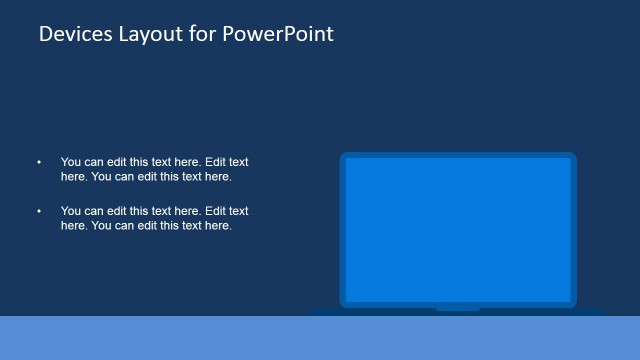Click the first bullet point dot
tap(40, 161)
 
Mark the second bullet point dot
tap(40, 211)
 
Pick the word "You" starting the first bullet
tap(71, 161)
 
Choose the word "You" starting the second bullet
tap(71, 211)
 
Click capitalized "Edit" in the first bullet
tap(215, 161)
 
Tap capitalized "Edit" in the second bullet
tap(215, 211)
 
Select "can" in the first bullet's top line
tap(95, 161)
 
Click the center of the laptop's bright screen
tap(458, 228)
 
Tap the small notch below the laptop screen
tap(457, 309)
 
